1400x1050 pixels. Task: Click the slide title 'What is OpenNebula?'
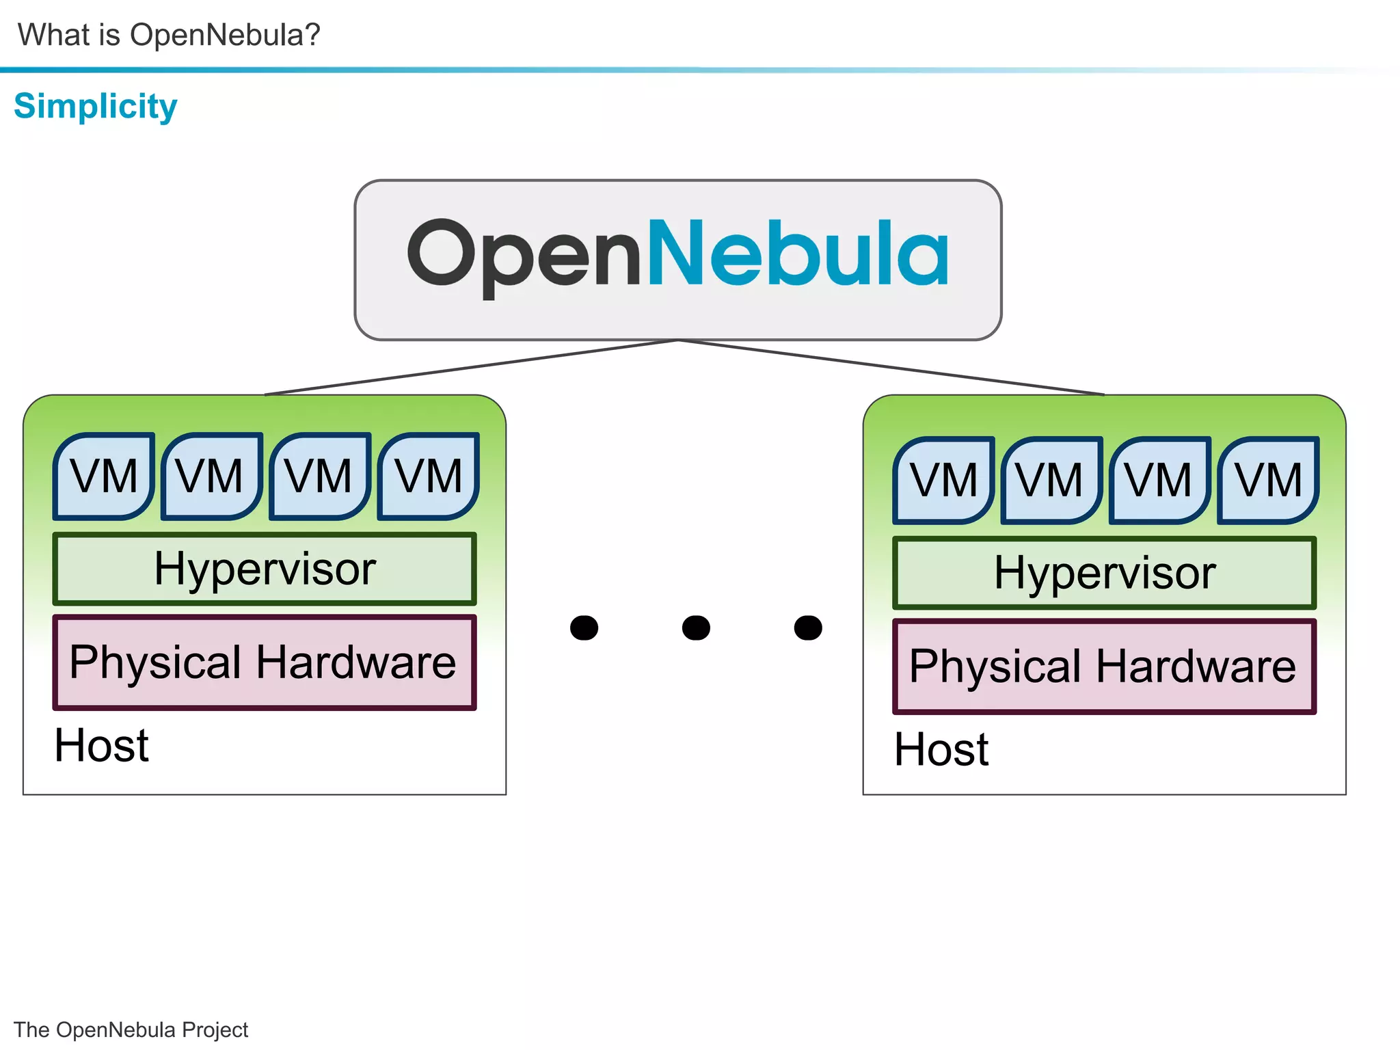tap(169, 35)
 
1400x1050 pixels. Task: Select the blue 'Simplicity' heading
tap(96, 107)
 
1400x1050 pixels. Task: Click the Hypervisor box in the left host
tap(265, 569)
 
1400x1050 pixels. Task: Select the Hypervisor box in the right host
tap(1104, 573)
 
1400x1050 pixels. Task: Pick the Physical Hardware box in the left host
tap(265, 662)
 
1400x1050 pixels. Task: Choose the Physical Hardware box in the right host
tap(1104, 667)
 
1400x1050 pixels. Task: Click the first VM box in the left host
tap(104, 476)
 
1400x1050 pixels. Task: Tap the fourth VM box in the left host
tap(429, 476)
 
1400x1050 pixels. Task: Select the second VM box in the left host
tap(211, 476)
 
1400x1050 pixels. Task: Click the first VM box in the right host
tap(943, 481)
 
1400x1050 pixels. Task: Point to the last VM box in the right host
tap(1268, 481)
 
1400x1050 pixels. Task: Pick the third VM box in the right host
tap(1159, 481)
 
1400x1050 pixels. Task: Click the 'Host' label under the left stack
tap(102, 745)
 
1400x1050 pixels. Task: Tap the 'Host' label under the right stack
tap(941, 750)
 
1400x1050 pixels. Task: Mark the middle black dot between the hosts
tap(696, 627)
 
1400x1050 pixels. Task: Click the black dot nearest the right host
tap(808, 627)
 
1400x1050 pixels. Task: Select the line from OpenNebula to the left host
tap(472, 368)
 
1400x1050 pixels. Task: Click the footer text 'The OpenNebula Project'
tap(131, 1029)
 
